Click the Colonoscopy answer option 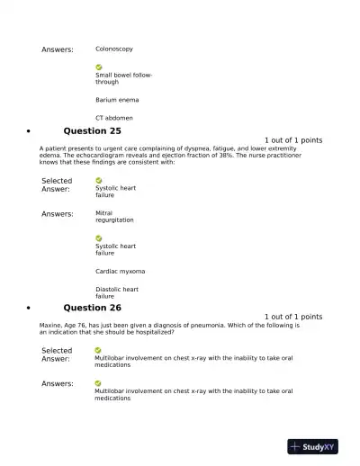114,49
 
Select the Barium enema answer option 117,100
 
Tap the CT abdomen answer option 114,118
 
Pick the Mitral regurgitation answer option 114,217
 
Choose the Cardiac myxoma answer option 120,271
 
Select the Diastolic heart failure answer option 117,292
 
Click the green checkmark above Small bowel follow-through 99,67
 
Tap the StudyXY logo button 312,446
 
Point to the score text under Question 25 293,140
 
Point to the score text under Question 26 293,317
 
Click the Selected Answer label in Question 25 57,184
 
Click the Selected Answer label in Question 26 57,354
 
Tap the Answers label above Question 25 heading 58,49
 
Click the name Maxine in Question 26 50,325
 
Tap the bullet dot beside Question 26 31,309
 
